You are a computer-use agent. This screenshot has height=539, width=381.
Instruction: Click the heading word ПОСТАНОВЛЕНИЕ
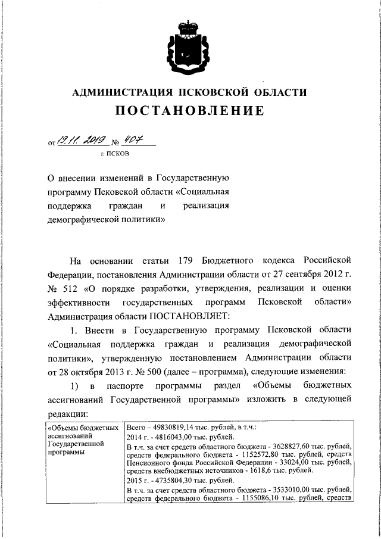point(190,111)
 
